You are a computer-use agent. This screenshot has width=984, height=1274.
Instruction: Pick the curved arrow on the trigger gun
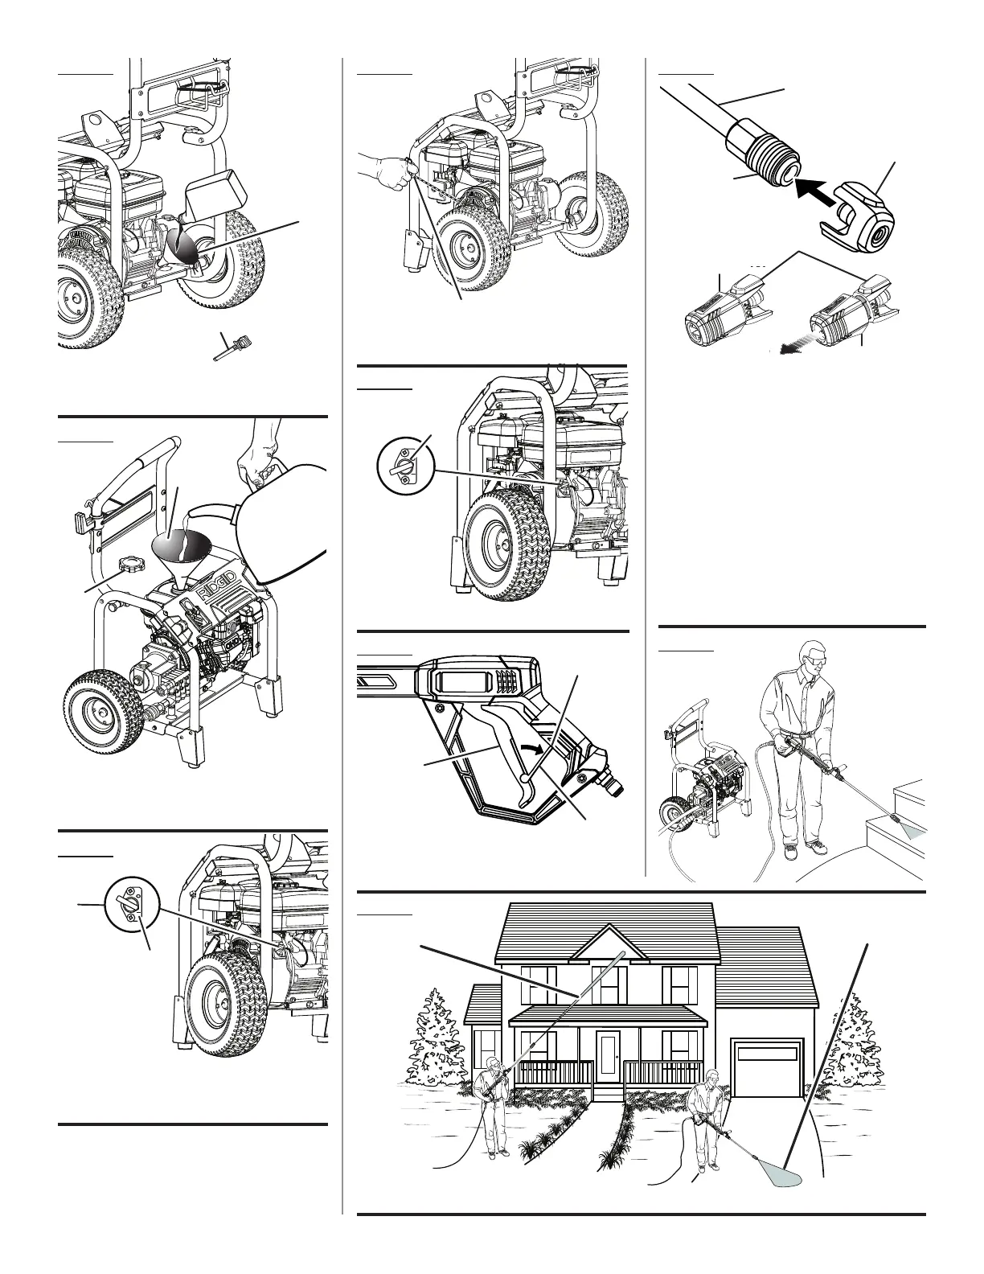point(534,748)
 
